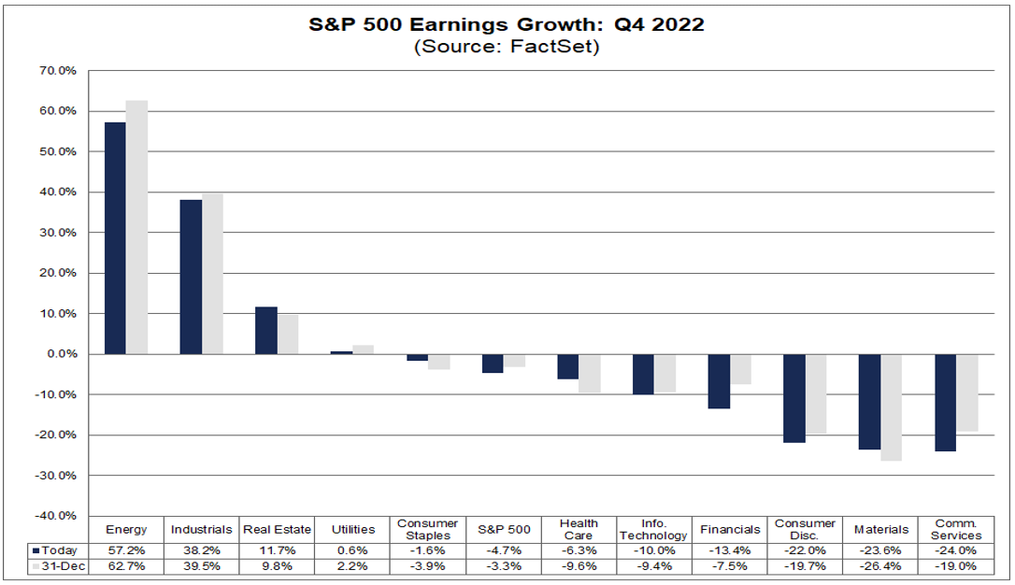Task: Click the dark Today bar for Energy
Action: tap(115, 238)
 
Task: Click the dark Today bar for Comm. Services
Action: tap(946, 403)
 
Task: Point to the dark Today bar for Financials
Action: tap(719, 381)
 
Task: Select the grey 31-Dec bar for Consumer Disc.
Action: tap(816, 393)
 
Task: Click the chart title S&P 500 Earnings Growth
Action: tap(507, 24)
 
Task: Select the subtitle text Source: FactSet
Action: tap(507, 47)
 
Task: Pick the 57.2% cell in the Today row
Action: tap(126, 550)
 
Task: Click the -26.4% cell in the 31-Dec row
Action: tap(880, 567)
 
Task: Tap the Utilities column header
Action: tap(352, 530)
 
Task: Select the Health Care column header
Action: tap(579, 529)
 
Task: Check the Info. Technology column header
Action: tap(654, 529)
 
